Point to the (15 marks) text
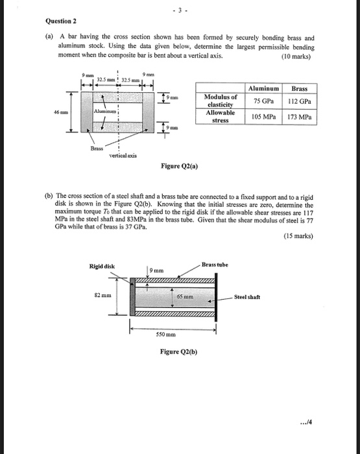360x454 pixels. (x=298, y=235)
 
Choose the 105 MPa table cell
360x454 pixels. (x=263, y=117)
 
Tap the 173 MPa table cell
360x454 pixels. (x=300, y=117)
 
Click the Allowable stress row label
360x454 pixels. (x=221, y=117)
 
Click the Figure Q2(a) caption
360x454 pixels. (x=180, y=166)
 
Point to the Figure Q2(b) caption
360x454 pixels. (x=179, y=352)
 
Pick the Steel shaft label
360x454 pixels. (x=248, y=297)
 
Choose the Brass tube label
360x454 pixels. (x=215, y=265)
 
